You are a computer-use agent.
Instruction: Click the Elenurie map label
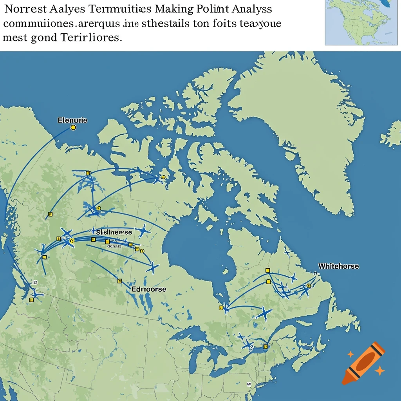(x=72, y=120)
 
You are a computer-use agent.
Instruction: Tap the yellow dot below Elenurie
(x=72, y=128)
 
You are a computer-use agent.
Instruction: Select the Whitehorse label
(x=338, y=266)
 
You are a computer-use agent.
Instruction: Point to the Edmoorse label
(x=149, y=289)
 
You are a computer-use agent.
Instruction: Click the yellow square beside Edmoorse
(x=120, y=281)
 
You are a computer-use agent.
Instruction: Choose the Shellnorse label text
(x=114, y=232)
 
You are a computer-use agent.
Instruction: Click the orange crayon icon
(x=363, y=363)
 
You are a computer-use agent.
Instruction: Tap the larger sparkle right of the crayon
(x=379, y=370)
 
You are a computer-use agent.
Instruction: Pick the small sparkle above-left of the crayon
(x=350, y=354)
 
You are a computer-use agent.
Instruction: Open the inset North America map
(x=363, y=22)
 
